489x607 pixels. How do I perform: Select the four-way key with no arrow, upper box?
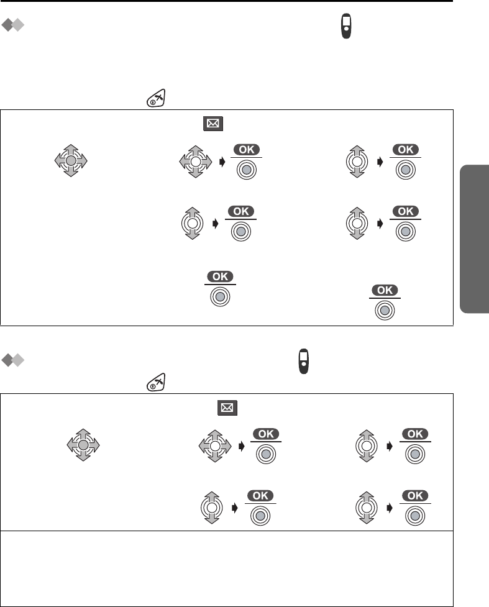[71, 161]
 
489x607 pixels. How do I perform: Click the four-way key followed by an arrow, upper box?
[195, 161]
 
